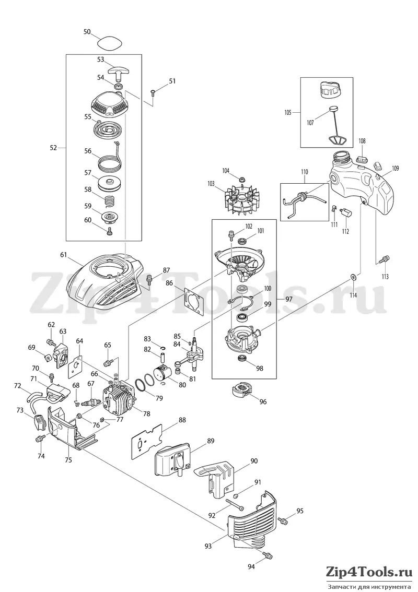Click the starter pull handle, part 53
coord(118,71)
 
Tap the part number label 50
coord(87,32)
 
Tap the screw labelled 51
coord(153,91)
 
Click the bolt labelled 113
coord(383,259)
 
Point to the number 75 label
coord(68,460)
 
